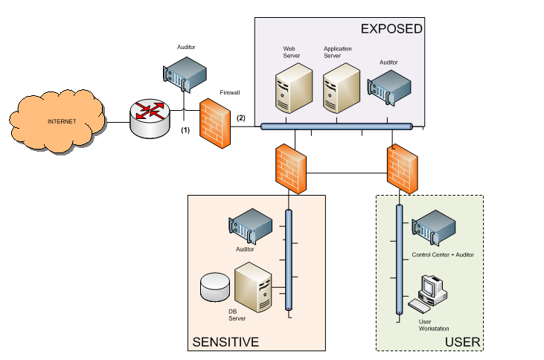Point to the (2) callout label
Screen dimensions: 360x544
click(x=240, y=118)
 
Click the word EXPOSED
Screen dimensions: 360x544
click(x=391, y=29)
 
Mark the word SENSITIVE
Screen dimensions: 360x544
click(x=225, y=342)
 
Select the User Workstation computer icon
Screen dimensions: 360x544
click(x=429, y=293)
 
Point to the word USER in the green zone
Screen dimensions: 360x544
click(x=462, y=342)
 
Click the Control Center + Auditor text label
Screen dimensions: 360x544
click(x=443, y=255)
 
